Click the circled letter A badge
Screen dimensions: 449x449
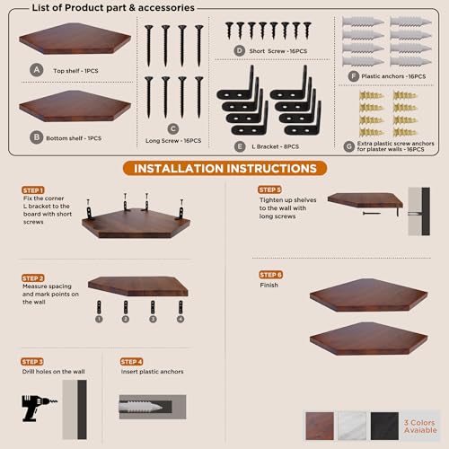(37, 70)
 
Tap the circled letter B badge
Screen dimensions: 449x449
(37, 137)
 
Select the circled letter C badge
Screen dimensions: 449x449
(173, 129)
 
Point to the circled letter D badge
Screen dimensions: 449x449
(240, 50)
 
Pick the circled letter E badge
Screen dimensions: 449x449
(240, 146)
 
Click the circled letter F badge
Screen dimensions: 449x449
(354, 76)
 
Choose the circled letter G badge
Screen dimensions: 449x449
(349, 146)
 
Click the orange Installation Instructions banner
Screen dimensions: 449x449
(224, 168)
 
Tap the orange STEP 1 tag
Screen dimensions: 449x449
(33, 190)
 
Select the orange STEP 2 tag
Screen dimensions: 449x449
(33, 278)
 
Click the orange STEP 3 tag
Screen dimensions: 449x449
(32, 362)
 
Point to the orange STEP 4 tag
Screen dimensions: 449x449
(131, 362)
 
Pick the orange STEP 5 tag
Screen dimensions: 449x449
(270, 189)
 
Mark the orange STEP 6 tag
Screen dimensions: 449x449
(271, 275)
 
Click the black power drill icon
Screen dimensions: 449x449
(39, 408)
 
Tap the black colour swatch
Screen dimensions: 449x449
(384, 426)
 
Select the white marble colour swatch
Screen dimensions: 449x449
(352, 426)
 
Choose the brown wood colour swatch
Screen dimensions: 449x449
(320, 426)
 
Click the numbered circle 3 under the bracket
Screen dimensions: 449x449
(153, 319)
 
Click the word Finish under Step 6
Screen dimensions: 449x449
(269, 285)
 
